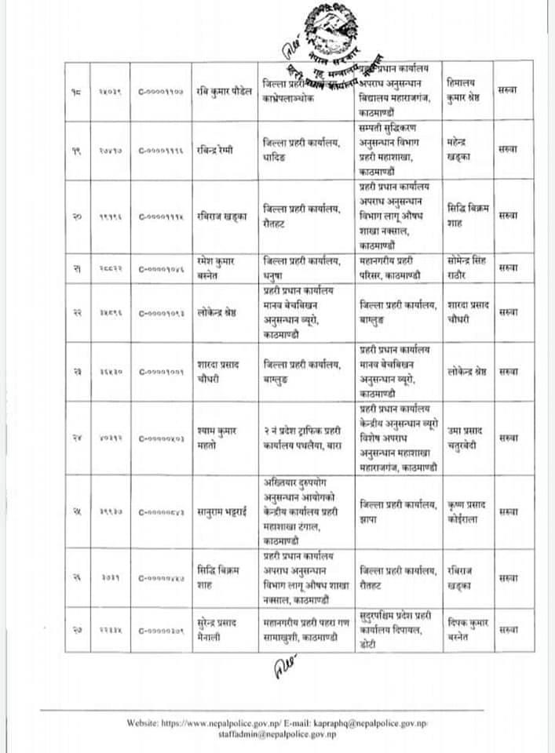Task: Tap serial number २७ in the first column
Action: (x=78, y=629)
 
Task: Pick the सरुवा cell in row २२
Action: (x=508, y=313)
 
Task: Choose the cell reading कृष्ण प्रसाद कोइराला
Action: (x=467, y=511)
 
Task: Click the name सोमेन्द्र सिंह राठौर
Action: (x=469, y=267)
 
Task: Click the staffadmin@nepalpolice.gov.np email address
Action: (x=277, y=733)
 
